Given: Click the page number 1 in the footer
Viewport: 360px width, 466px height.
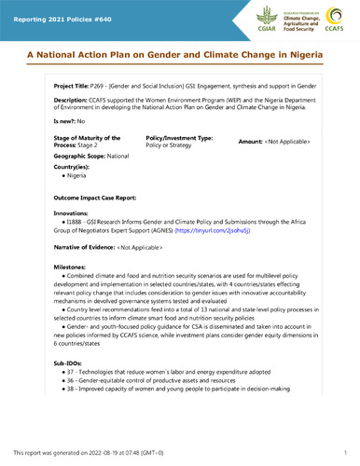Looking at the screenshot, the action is tap(345, 451).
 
